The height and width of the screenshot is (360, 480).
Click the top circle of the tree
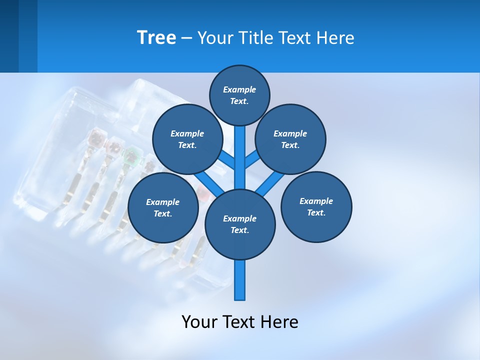(239, 95)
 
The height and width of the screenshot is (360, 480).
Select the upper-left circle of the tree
(187, 139)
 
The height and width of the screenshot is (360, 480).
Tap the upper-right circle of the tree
(290, 139)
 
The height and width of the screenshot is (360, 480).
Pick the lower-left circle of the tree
(163, 207)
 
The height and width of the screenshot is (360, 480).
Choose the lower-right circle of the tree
(316, 206)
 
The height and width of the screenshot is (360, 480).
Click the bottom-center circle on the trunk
(240, 224)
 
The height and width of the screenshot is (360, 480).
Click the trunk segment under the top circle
(240, 150)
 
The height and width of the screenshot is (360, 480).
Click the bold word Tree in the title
(156, 37)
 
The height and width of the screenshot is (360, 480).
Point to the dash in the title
(186, 38)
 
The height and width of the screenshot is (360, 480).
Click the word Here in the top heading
(336, 38)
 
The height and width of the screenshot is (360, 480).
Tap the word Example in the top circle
(239, 89)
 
